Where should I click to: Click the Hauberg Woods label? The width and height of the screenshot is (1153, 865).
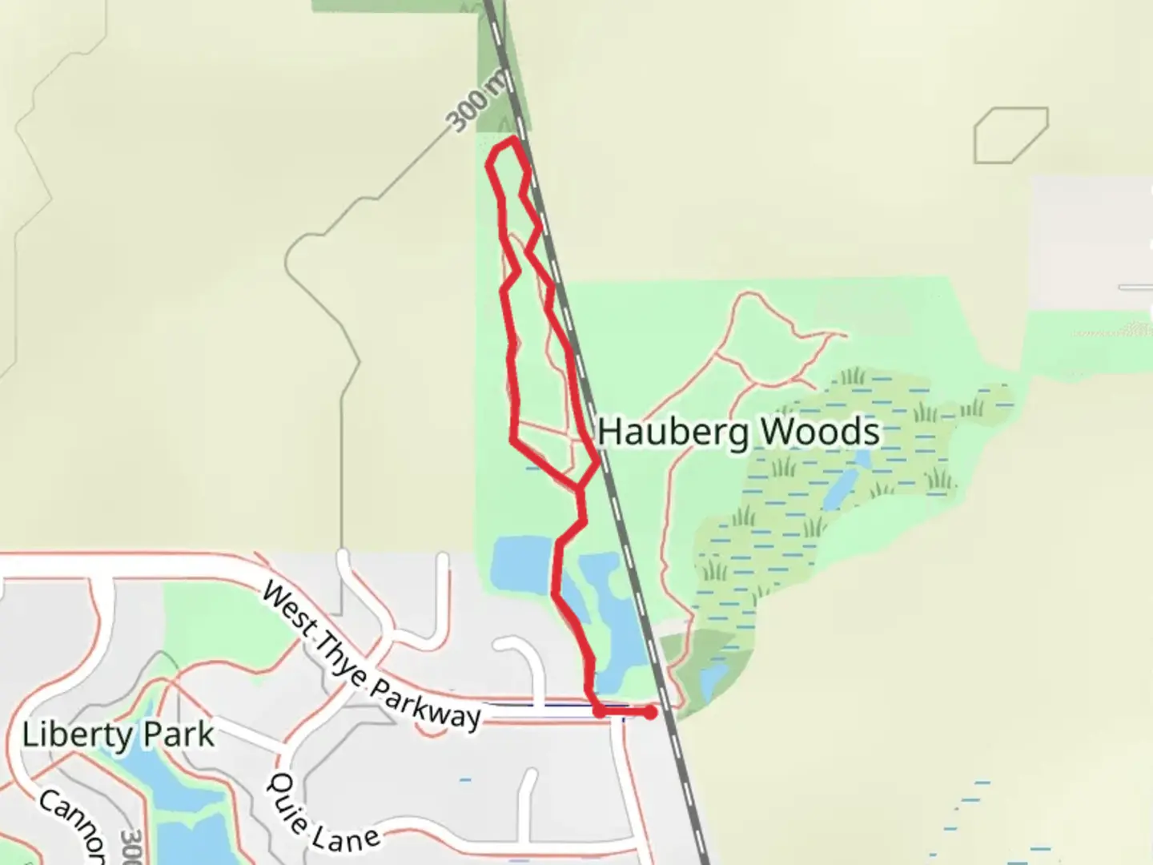click(738, 432)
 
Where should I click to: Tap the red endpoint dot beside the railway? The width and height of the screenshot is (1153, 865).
click(650, 712)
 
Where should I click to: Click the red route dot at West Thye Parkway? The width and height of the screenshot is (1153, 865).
click(599, 710)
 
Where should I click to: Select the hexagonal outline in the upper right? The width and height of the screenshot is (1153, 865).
click(1010, 135)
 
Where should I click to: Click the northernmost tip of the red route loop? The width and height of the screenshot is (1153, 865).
click(511, 140)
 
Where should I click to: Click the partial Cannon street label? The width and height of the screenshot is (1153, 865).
click(72, 825)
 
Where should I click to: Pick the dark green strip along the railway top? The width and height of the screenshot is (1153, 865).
click(500, 72)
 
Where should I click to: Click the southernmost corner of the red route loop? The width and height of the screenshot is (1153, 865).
click(578, 489)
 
